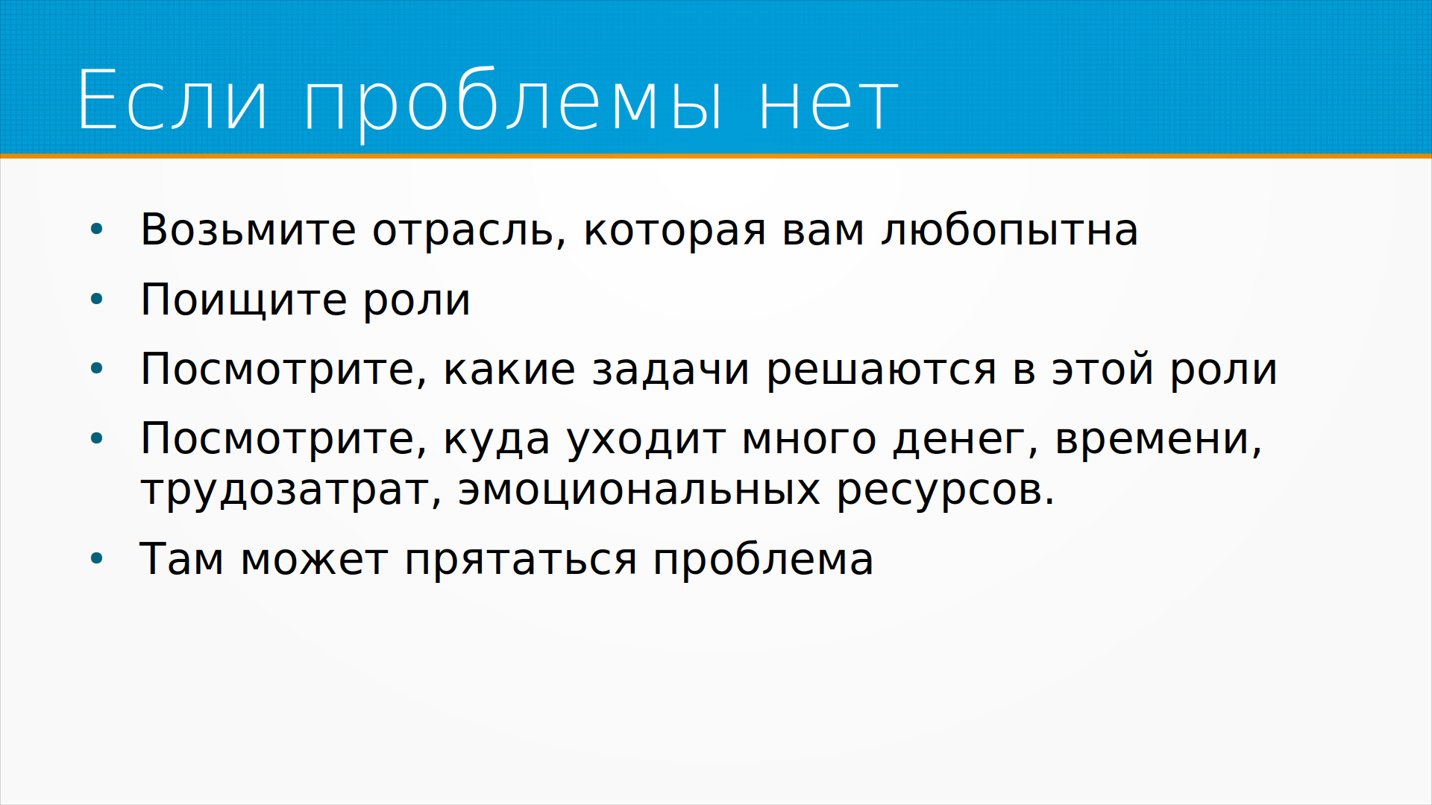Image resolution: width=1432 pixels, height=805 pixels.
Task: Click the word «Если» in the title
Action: [x=172, y=100]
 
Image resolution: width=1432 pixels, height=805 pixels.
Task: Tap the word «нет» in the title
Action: [x=829, y=104]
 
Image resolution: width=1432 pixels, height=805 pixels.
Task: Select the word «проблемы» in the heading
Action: [x=513, y=104]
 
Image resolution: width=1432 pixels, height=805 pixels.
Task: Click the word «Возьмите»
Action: [x=248, y=230]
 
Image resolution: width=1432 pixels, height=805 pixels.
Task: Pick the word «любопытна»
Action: [x=1010, y=230]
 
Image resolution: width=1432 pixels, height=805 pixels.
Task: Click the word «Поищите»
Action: [x=243, y=300]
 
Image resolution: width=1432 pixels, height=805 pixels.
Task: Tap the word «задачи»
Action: [x=671, y=370]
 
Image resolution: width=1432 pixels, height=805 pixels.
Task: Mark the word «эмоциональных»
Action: [x=639, y=490]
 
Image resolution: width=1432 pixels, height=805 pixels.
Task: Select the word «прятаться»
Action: [x=521, y=561]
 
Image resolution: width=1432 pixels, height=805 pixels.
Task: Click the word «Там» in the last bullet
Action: [x=182, y=558]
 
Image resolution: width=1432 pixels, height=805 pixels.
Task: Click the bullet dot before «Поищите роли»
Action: [x=96, y=300]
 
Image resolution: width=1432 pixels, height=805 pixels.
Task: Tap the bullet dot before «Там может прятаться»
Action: [x=96, y=559]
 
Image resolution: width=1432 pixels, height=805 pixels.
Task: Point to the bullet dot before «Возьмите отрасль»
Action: [x=96, y=230]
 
